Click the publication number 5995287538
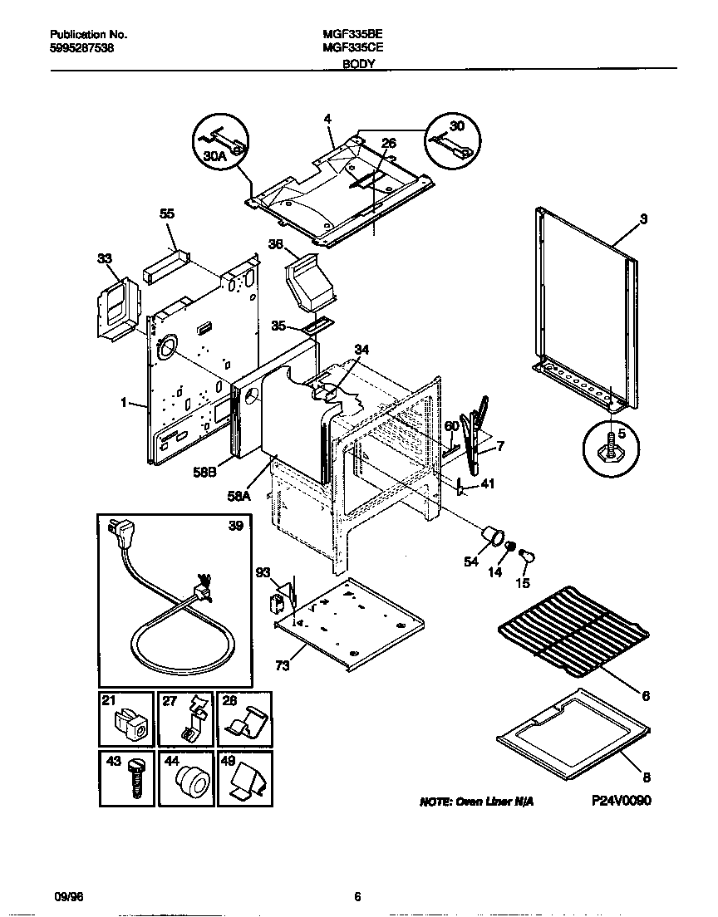point(82,49)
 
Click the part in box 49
point(247,782)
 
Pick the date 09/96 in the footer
point(64,896)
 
